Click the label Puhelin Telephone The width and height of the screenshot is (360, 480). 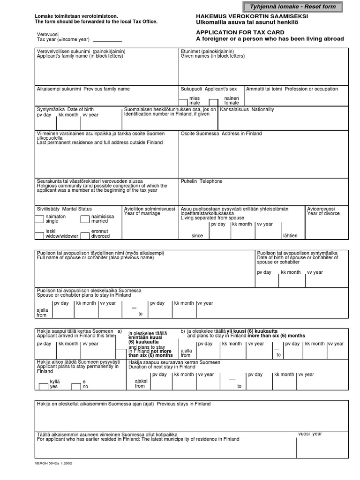click(x=202, y=181)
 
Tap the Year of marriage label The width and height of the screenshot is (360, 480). click(x=142, y=213)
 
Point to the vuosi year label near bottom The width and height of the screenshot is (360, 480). click(x=310, y=434)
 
